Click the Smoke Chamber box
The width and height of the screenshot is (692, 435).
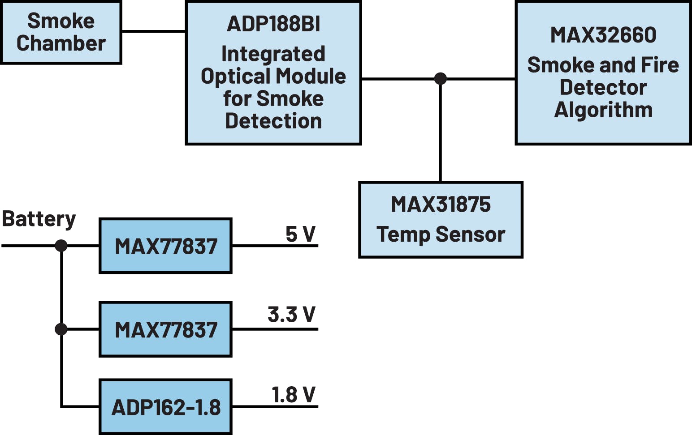61,32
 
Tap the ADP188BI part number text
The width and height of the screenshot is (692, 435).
273,24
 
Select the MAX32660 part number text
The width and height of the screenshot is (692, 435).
603,35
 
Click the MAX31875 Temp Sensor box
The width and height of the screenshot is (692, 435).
441,220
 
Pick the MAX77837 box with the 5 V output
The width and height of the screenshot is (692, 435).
165,246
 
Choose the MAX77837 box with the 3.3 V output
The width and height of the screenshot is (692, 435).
165,329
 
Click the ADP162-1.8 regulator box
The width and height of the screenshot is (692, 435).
165,407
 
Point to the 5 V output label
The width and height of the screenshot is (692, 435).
300,234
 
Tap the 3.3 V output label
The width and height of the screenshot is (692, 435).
291,315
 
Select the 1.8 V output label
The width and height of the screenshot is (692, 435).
293,395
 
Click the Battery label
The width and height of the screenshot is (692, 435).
39,219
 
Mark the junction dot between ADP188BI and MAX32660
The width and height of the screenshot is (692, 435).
441,79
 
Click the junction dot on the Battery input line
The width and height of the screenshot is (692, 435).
61,246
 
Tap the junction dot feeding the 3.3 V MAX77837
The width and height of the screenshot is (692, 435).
61,329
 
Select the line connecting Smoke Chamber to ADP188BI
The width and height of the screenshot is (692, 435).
153,31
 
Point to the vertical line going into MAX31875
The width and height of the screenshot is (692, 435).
441,134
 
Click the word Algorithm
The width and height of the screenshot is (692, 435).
603,110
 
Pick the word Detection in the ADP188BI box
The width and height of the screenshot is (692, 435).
273,121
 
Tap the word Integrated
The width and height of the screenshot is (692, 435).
273,54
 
